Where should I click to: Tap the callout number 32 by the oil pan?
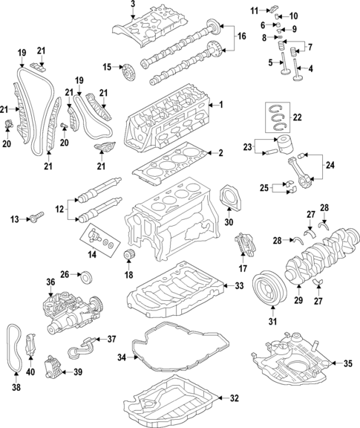coord(234,398)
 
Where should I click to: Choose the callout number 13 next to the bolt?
coord(13,218)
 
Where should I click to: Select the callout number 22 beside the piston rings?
coord(298,117)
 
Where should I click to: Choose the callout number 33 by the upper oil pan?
coord(238,285)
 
